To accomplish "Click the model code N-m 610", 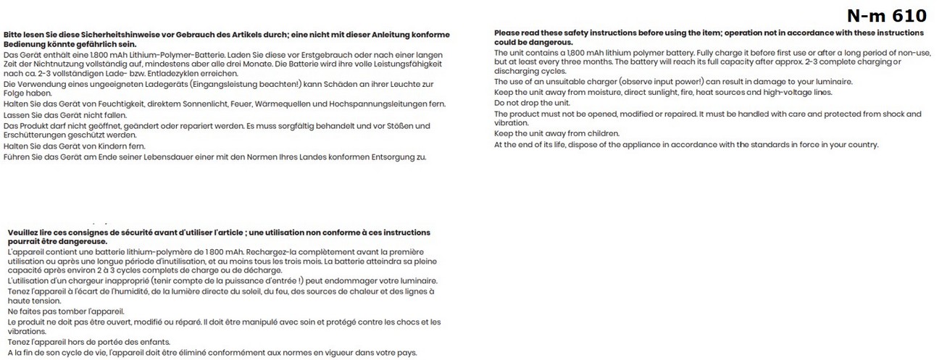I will pyautogui.click(x=886, y=15).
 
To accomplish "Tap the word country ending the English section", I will pyautogui.click(x=863, y=144).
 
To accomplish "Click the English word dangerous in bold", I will pyautogui.click(x=546, y=42).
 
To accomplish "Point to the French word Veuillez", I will pyautogui.click(x=23, y=233).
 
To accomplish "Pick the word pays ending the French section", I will pyautogui.click(x=407, y=353).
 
